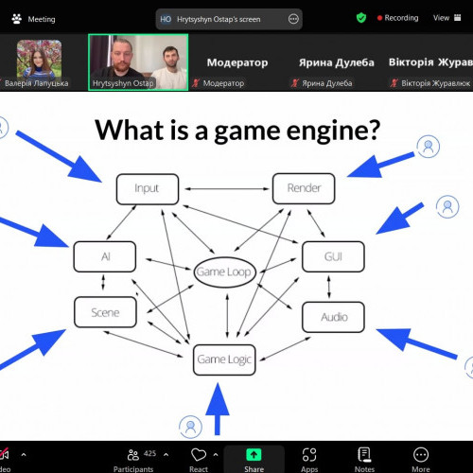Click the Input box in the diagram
point(148,189)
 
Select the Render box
point(304,188)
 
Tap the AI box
point(105,256)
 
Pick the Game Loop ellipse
point(224,272)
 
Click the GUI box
point(333,256)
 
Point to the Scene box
point(105,312)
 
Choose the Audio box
point(333,317)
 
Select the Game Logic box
point(224,359)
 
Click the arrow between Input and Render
point(227,189)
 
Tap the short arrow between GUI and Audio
point(329,287)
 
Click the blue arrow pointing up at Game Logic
point(218,409)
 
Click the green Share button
point(254,459)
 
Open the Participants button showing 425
point(134,460)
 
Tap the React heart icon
point(199,455)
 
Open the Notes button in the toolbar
point(364,460)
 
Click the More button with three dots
point(421,460)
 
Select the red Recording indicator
point(398,18)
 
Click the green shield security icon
point(361,18)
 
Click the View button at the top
point(447,18)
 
